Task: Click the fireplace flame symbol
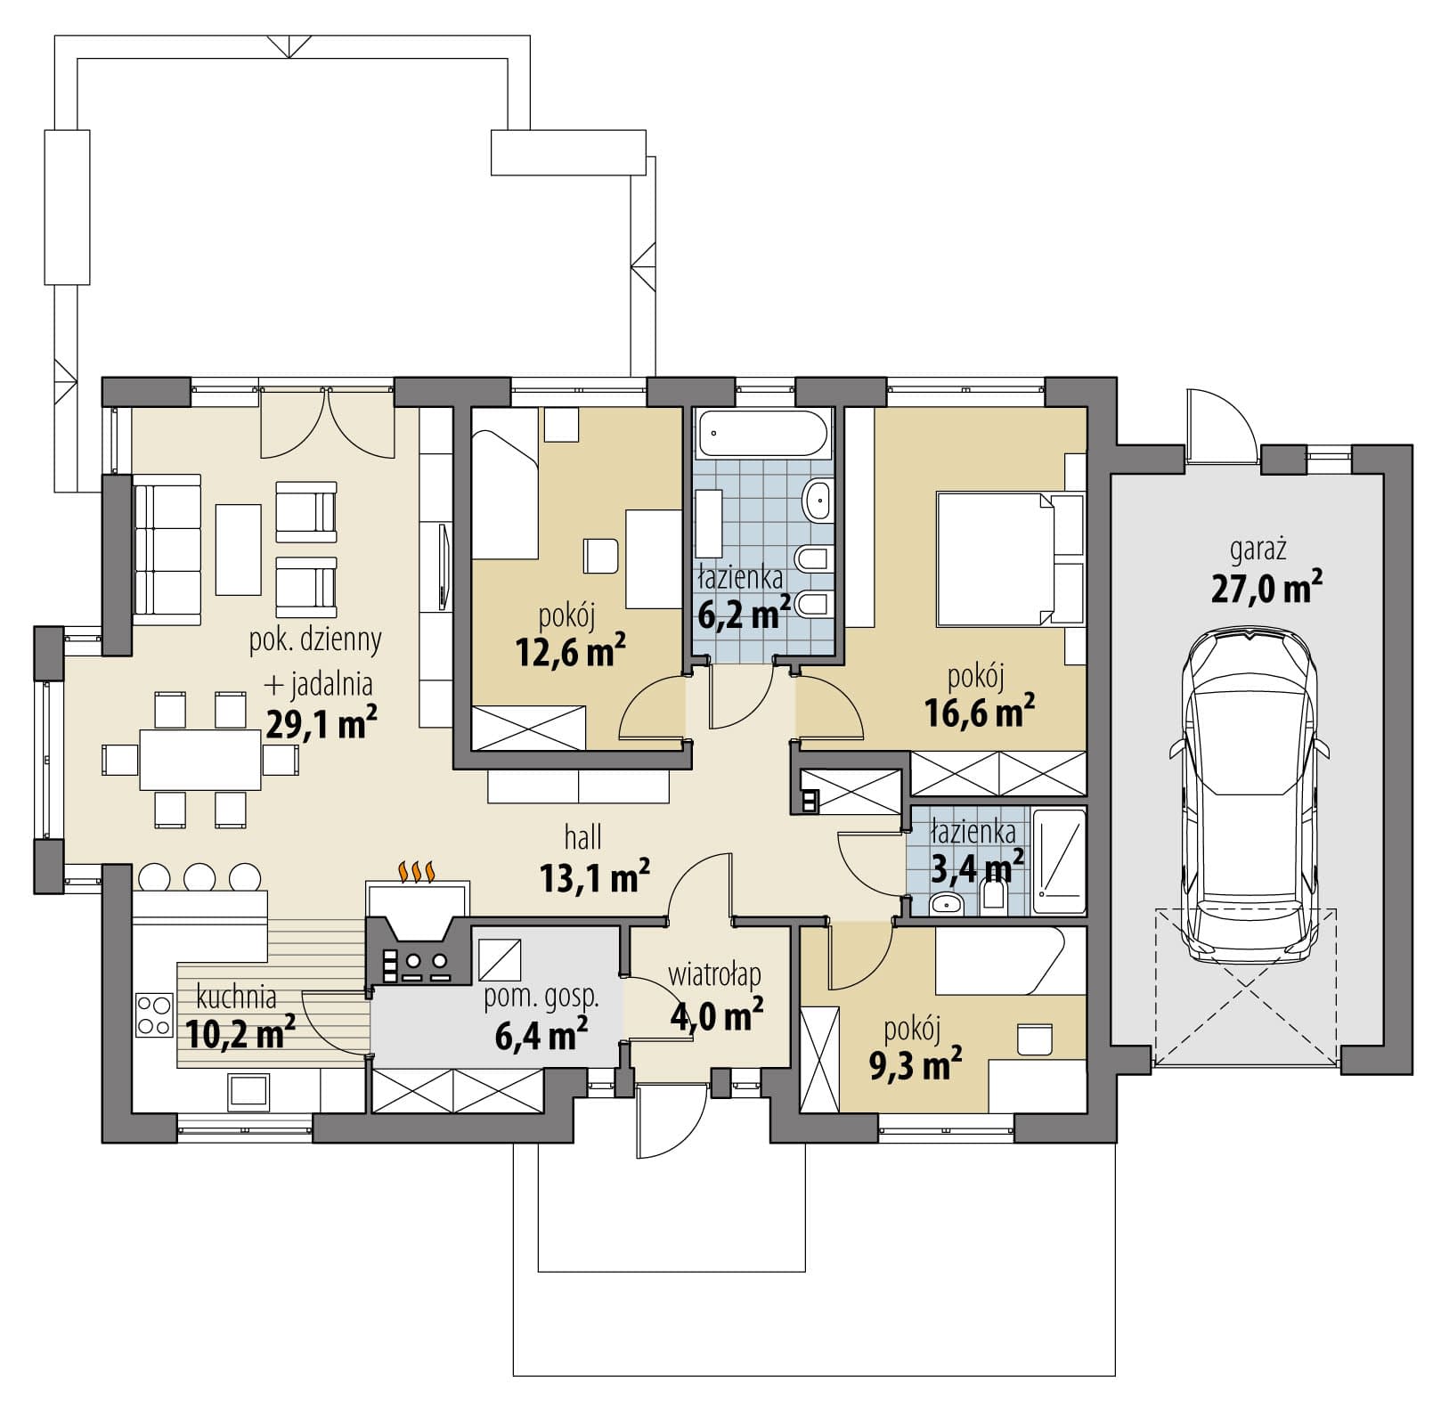pos(417,871)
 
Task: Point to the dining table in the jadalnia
pos(200,760)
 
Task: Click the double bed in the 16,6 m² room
pos(1010,560)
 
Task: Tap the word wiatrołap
pos(715,975)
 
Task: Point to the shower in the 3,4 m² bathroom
pos(1059,860)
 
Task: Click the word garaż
pos(1258,551)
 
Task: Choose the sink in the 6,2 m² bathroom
pos(817,501)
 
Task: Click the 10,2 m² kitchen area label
pos(241,1033)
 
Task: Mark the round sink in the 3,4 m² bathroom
pos(945,906)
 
